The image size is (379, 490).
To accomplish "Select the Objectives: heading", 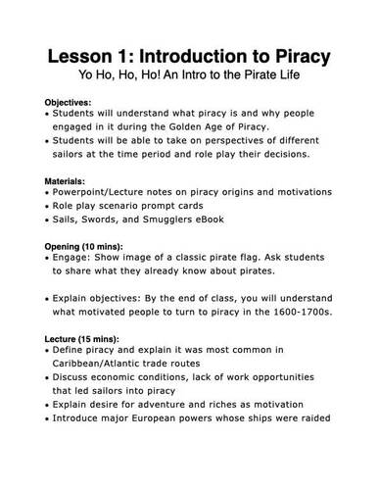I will (69, 102).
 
